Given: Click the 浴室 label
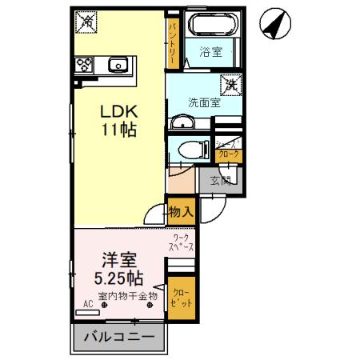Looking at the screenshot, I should pos(210,54).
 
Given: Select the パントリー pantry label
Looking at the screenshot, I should pos(172,42).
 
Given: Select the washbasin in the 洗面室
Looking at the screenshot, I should pos(183,122).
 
